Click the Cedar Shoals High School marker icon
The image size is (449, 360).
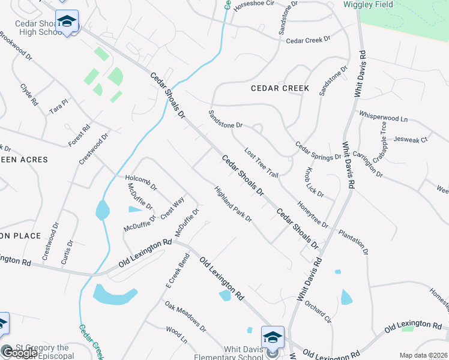(67, 22)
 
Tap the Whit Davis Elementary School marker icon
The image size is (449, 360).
(272, 337)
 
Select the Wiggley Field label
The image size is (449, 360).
(368, 5)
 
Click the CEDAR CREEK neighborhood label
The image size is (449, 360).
(280, 88)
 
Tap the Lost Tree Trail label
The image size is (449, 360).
(261, 163)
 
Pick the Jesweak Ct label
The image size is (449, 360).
(411, 140)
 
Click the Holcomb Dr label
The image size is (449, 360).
(140, 182)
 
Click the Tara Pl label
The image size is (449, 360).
(59, 106)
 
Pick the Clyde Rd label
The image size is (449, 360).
(29, 95)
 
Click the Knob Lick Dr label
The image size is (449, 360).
(315, 183)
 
